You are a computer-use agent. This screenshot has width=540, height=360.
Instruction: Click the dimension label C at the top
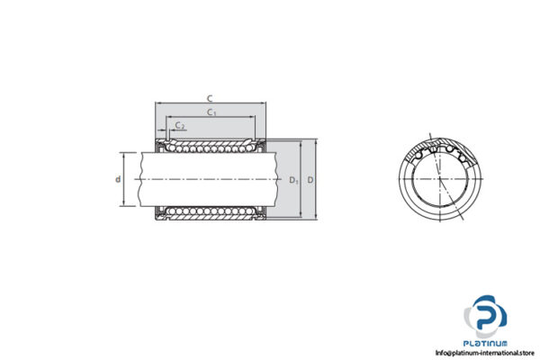click(210, 97)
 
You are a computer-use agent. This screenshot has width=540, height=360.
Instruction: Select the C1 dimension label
click(211, 112)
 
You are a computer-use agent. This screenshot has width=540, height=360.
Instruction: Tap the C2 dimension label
click(181, 125)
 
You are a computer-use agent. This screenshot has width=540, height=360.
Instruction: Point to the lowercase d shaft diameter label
click(118, 179)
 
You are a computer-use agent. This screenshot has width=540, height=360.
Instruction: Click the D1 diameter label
click(293, 180)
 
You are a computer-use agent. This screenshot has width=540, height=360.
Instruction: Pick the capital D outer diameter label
click(310, 180)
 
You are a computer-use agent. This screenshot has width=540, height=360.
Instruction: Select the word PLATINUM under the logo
click(487, 344)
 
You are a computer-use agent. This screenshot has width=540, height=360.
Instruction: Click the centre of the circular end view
click(440, 179)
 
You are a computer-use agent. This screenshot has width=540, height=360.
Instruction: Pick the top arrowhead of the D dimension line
click(316, 141)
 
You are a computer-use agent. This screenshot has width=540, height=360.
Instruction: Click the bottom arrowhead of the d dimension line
click(124, 206)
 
